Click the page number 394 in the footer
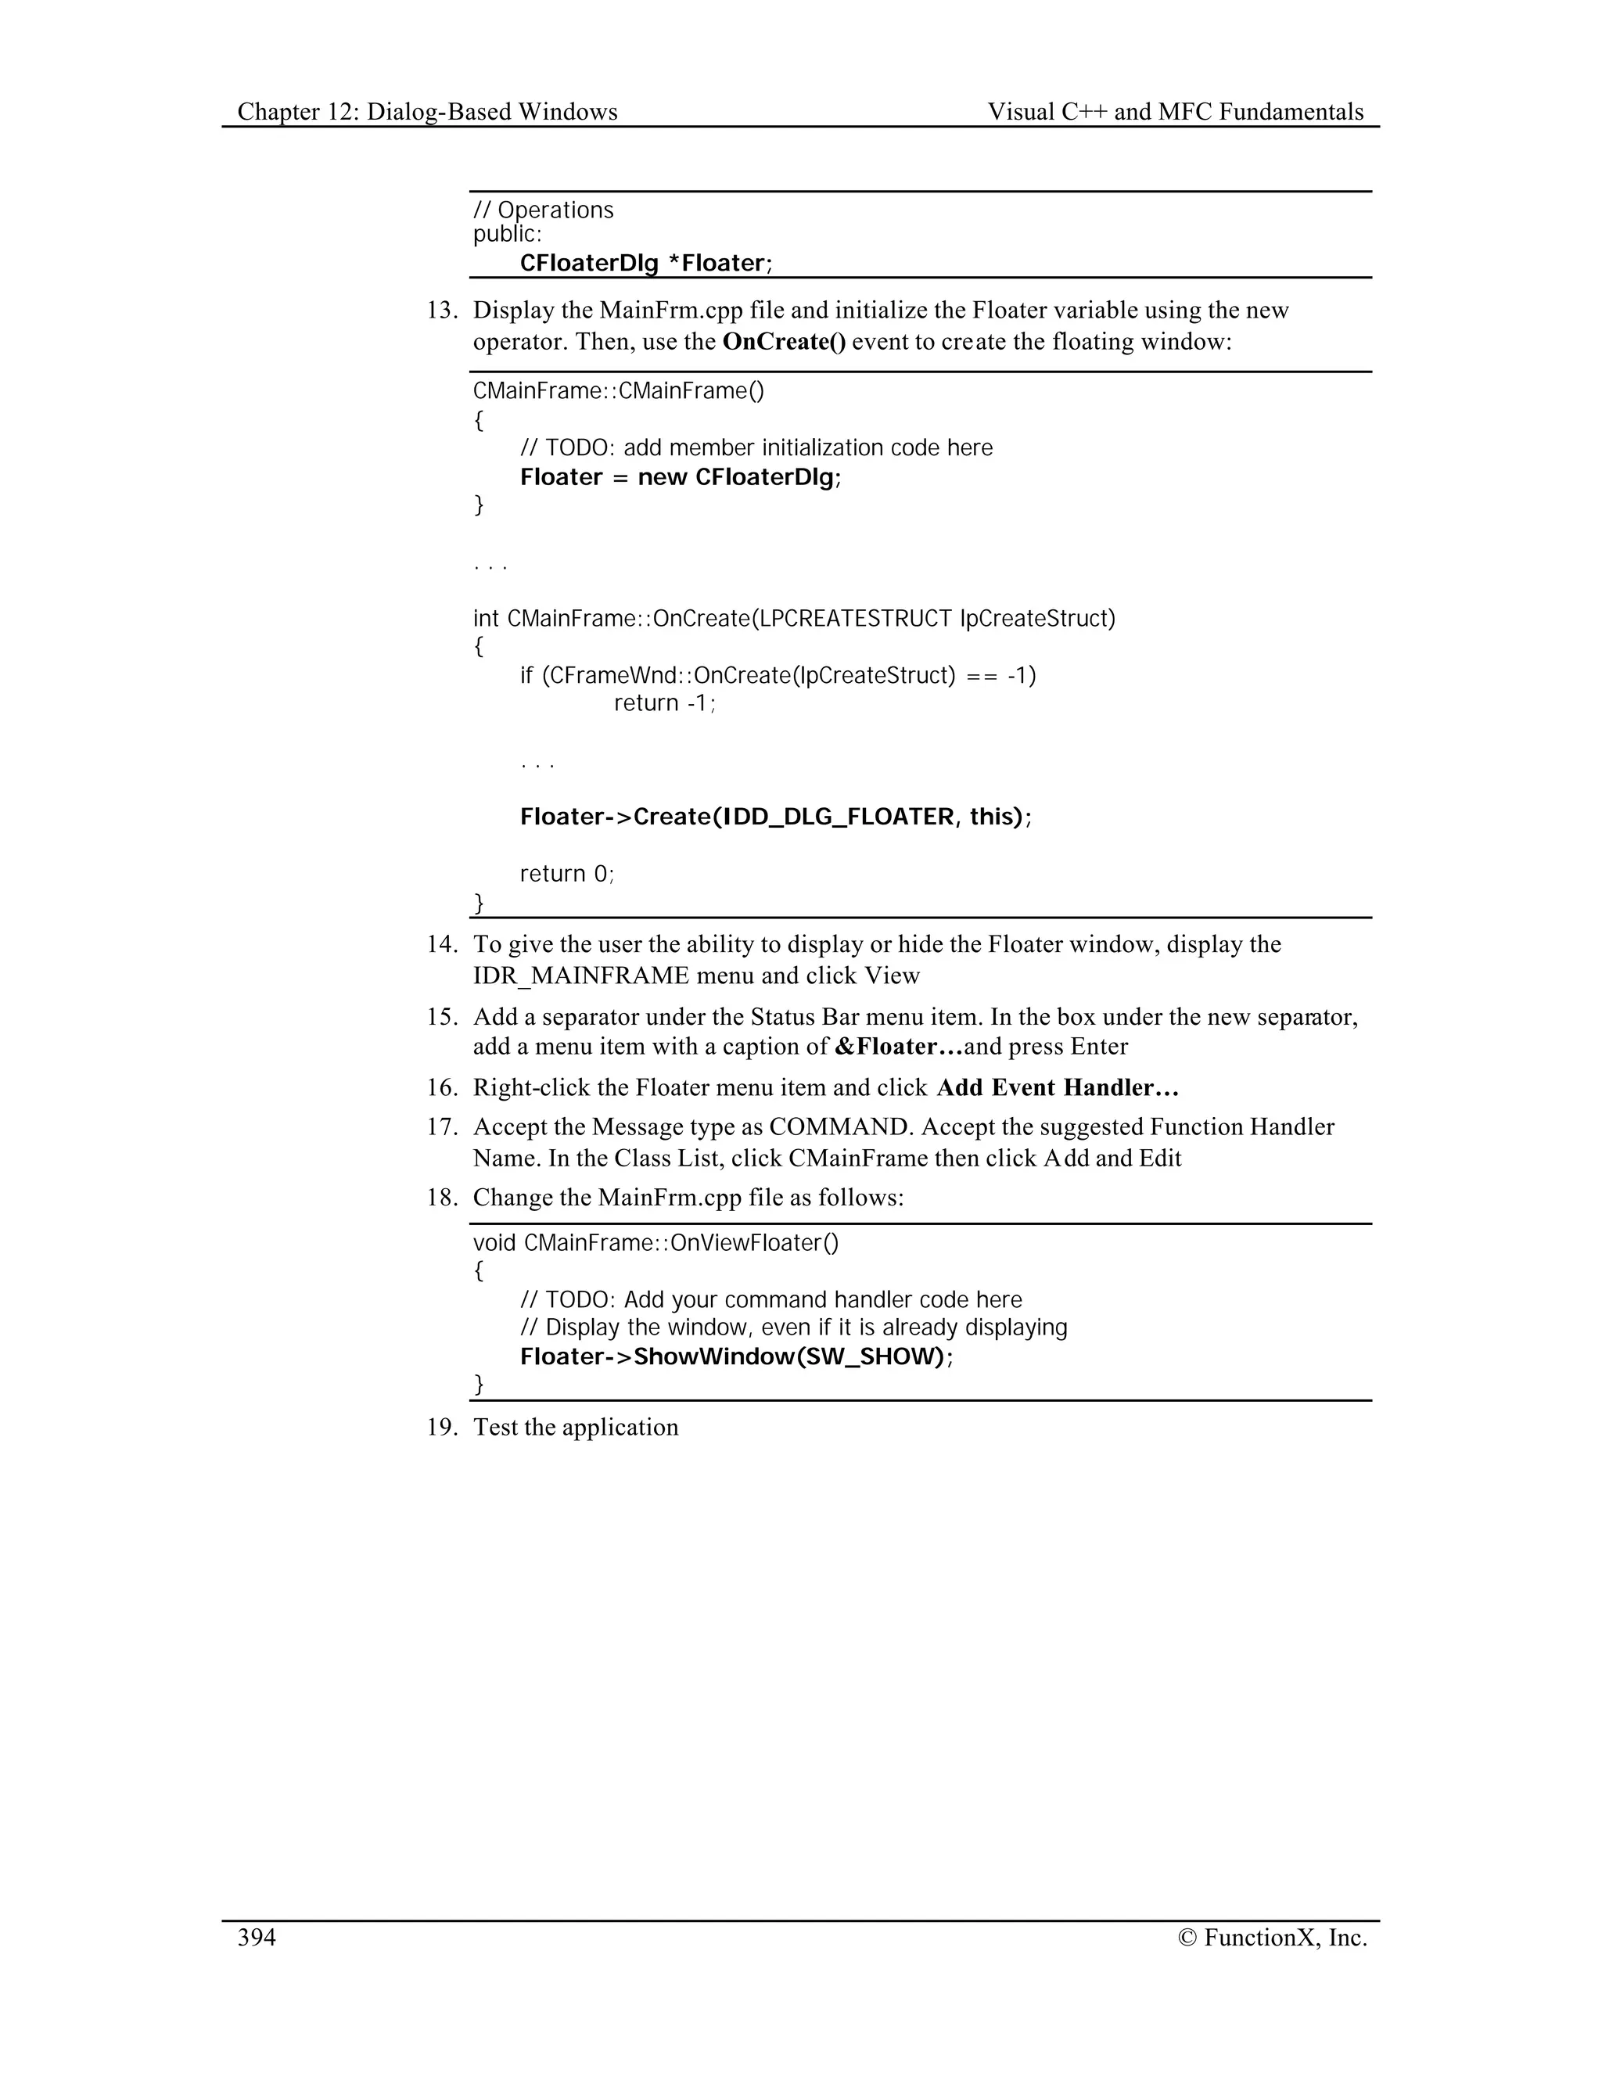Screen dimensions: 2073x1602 (x=257, y=1937)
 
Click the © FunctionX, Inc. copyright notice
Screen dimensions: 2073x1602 (x=1272, y=1937)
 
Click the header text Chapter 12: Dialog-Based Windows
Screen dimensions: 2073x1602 (x=427, y=112)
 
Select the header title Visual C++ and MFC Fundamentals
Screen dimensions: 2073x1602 (x=1175, y=112)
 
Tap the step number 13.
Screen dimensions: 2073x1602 (x=441, y=311)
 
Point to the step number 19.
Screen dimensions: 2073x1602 (x=441, y=1427)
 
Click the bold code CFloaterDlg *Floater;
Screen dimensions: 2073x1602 (x=646, y=263)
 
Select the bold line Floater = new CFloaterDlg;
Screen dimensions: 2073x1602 (x=681, y=476)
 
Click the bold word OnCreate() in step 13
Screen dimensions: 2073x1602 (x=783, y=342)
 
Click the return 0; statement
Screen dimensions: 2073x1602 (x=566, y=873)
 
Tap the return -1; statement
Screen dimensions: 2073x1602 (x=664, y=703)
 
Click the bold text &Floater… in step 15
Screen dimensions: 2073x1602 (x=898, y=1047)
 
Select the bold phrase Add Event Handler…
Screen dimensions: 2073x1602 (x=1058, y=1088)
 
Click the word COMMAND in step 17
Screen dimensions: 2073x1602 (x=837, y=1127)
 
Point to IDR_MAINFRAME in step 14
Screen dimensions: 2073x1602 (x=581, y=975)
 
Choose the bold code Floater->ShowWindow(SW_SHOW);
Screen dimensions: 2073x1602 (x=736, y=1356)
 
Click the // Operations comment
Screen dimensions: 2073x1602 (x=544, y=210)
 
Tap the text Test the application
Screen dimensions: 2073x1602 (x=576, y=1427)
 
